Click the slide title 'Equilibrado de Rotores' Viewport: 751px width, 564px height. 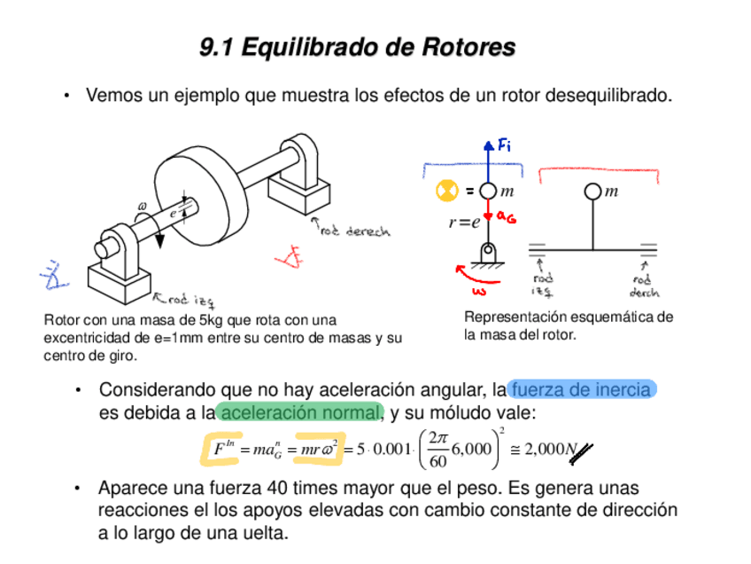pyautogui.click(x=378, y=47)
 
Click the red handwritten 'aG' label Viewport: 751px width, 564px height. pyautogui.click(x=507, y=215)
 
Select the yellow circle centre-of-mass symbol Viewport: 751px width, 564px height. pyautogui.click(x=445, y=190)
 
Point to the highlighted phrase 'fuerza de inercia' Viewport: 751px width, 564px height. pyautogui.click(x=582, y=389)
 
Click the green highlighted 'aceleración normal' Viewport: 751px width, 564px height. pyautogui.click(x=300, y=412)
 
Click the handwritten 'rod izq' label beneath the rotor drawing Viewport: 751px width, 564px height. pyautogui.click(x=188, y=301)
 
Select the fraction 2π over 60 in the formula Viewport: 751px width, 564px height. pyautogui.click(x=437, y=450)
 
